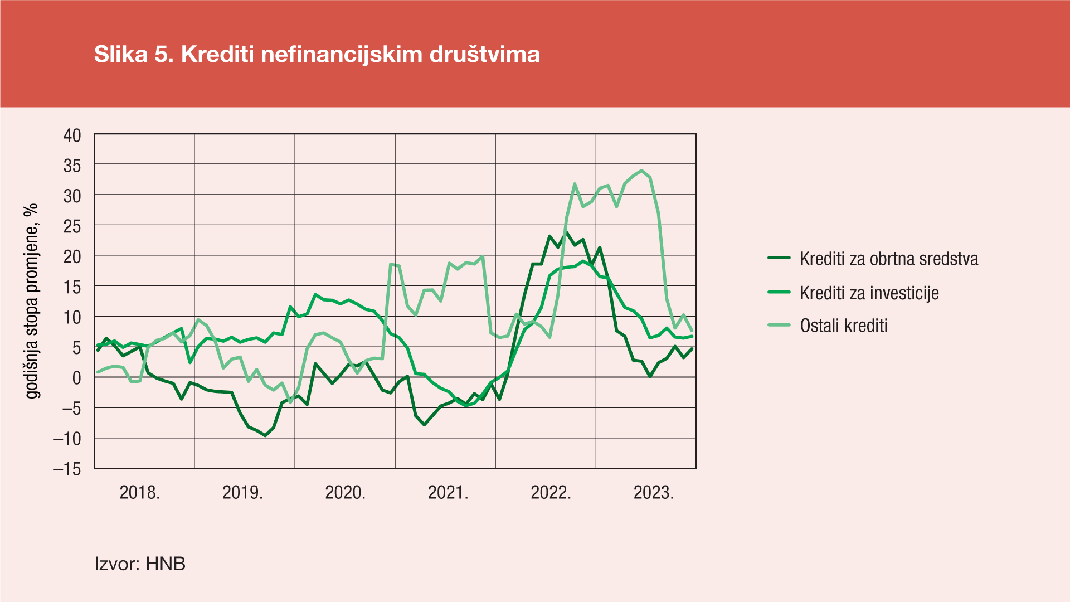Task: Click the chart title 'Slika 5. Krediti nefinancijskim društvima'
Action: click(317, 55)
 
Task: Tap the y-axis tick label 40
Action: click(72, 135)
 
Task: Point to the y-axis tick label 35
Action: click(72, 166)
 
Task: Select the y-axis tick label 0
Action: click(76, 378)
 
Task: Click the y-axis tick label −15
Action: click(67, 469)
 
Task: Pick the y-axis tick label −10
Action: click(67, 439)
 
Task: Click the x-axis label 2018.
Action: click(140, 493)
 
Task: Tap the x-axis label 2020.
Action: click(345, 493)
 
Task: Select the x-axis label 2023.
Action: click(654, 493)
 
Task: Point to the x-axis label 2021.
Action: click(448, 493)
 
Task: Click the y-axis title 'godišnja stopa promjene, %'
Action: click(32, 301)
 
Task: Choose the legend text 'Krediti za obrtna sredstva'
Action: click(889, 259)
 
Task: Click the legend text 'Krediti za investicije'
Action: click(869, 293)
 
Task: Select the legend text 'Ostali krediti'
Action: click(844, 326)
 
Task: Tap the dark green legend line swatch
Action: click(779, 258)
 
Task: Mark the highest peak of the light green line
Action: click(642, 171)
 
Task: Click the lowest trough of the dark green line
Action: click(265, 435)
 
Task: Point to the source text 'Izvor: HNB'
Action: click(140, 564)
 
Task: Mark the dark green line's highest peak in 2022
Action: click(567, 232)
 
